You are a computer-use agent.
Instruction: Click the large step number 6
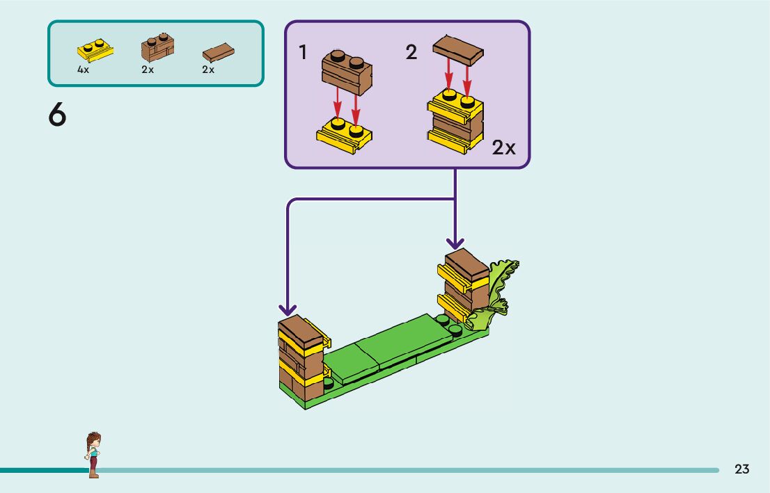click(x=57, y=115)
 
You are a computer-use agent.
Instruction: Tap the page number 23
click(x=742, y=469)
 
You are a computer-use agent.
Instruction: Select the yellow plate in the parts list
click(x=95, y=50)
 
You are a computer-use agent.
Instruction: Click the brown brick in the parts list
click(x=157, y=47)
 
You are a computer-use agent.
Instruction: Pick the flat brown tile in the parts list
click(x=218, y=52)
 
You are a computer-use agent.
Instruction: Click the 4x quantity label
click(x=84, y=70)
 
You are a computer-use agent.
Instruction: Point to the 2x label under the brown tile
click(x=208, y=70)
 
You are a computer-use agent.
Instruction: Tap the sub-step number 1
click(x=303, y=52)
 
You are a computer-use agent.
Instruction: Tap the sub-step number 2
click(x=411, y=52)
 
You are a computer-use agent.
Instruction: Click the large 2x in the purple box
click(x=504, y=147)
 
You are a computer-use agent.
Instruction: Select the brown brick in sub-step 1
click(x=347, y=71)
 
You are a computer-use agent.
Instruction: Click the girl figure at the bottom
click(x=93, y=455)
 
